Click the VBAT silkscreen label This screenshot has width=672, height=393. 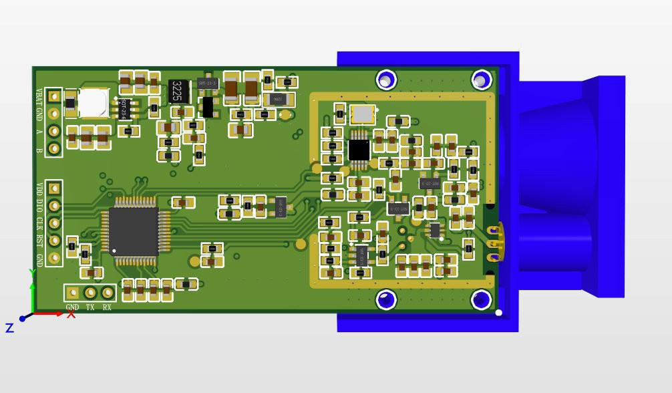(x=39, y=96)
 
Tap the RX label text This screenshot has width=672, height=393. (x=107, y=307)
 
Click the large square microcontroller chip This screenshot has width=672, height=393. (x=134, y=231)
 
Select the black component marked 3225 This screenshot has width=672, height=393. (x=177, y=91)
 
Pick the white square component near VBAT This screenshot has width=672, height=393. (x=92, y=104)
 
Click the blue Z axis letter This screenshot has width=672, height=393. (x=9, y=327)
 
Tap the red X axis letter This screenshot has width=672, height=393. (x=71, y=314)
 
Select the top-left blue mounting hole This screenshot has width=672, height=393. (x=385, y=80)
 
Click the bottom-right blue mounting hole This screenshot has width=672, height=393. (x=481, y=299)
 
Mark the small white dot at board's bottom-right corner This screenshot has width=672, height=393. (x=498, y=312)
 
